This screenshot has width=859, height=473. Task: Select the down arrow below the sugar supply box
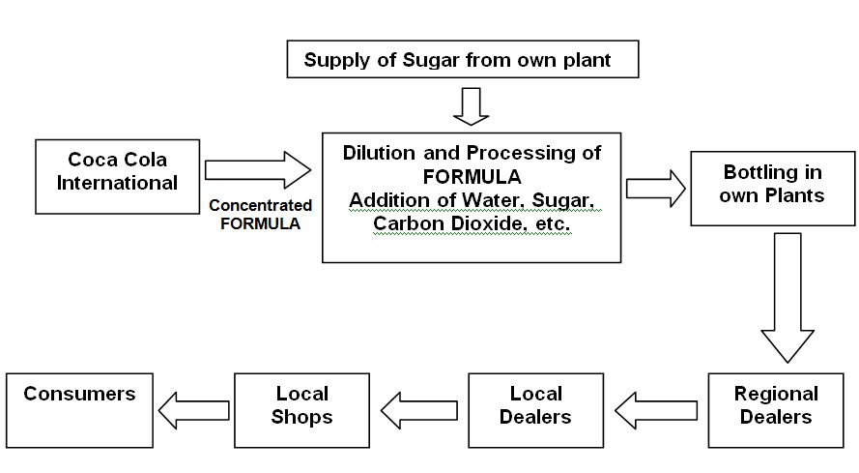point(472,105)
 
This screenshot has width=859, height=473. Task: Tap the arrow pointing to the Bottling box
point(654,187)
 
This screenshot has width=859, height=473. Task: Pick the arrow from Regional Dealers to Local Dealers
point(656,410)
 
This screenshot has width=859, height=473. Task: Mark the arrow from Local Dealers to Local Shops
point(418,410)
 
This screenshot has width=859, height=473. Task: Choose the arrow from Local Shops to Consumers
point(193,410)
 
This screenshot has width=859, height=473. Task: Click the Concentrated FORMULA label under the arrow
point(260,214)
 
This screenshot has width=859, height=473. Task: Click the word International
point(117,182)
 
